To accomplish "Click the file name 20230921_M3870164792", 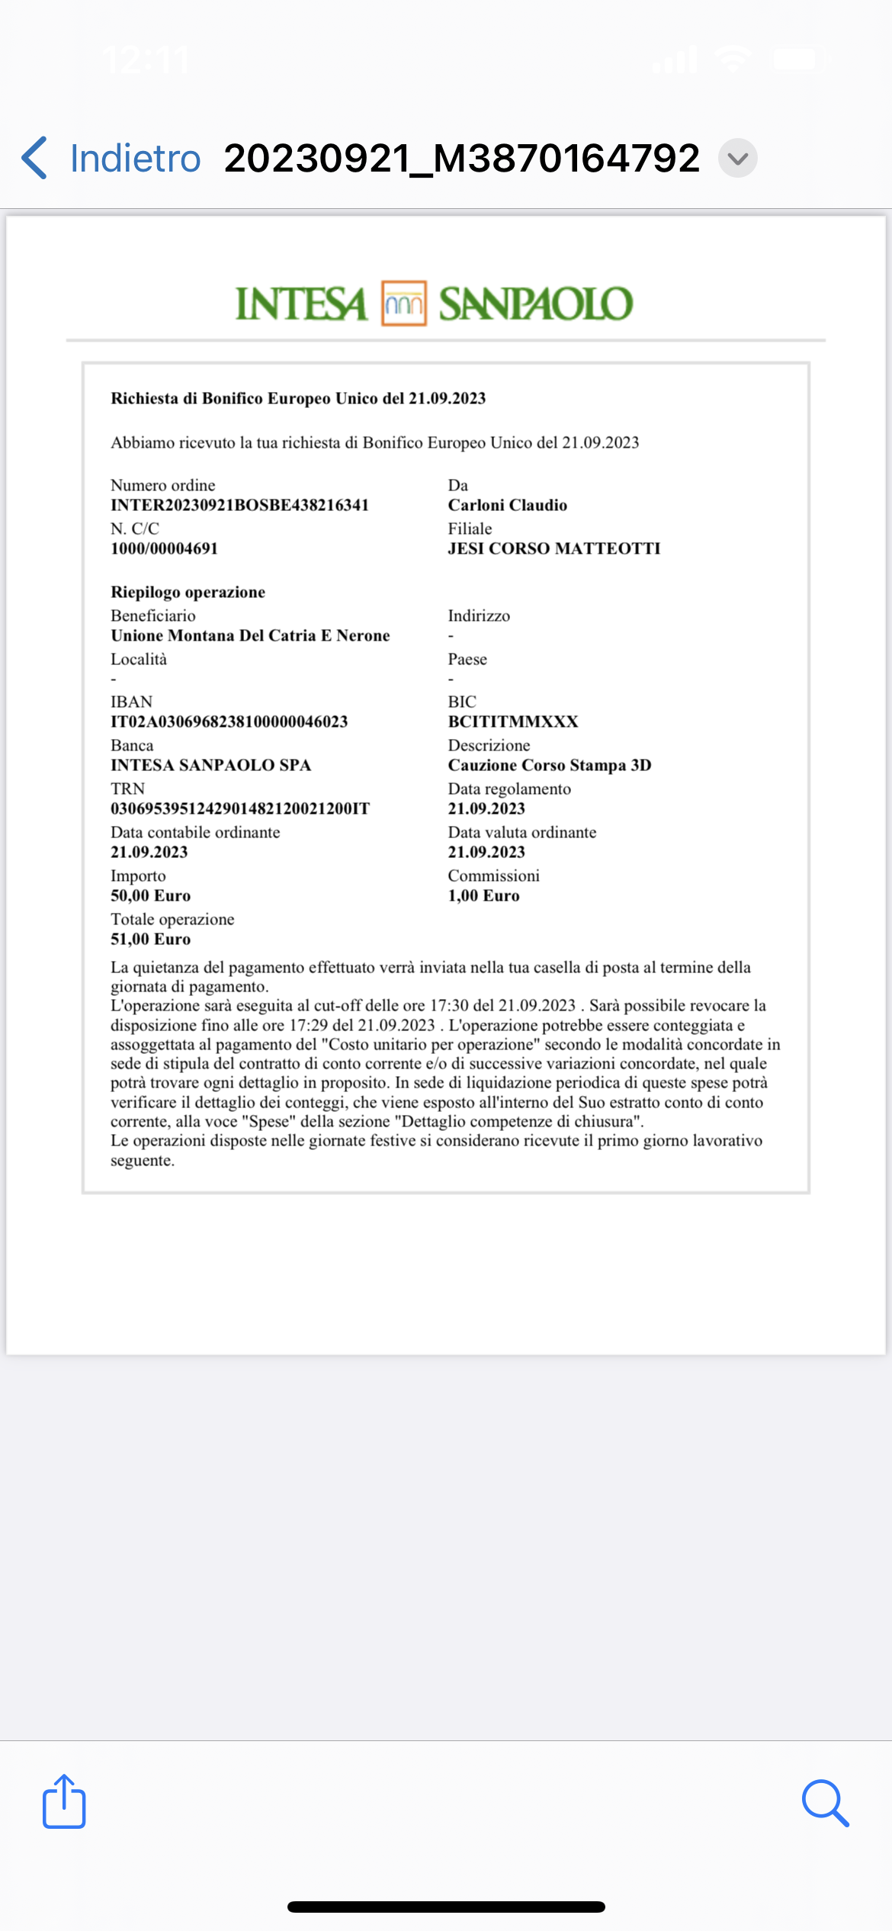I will pyautogui.click(x=461, y=159).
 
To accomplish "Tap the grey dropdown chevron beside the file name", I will pyautogui.click(x=737, y=159).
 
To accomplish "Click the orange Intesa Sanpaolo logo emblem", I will pyautogui.click(x=403, y=304).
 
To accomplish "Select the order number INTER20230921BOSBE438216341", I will pyautogui.click(x=239, y=505).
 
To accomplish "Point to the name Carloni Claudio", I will pyautogui.click(x=507, y=505).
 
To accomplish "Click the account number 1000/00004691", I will pyautogui.click(x=164, y=548).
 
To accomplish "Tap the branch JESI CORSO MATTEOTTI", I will pyautogui.click(x=553, y=548).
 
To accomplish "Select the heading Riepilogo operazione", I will pyautogui.click(x=188, y=592).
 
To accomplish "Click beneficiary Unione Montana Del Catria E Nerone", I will pyautogui.click(x=250, y=635).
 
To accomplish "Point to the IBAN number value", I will pyautogui.click(x=229, y=721).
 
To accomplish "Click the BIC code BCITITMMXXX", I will pyautogui.click(x=512, y=721).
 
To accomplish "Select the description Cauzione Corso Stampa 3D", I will pyautogui.click(x=549, y=765).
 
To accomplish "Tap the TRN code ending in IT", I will pyautogui.click(x=239, y=808).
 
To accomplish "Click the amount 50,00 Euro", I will pyautogui.click(x=150, y=895).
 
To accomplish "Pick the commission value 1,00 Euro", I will pyautogui.click(x=483, y=895).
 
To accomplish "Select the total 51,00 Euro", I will pyautogui.click(x=150, y=939).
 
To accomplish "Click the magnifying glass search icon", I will pyautogui.click(x=825, y=1803).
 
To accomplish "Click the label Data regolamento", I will pyautogui.click(x=509, y=789).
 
